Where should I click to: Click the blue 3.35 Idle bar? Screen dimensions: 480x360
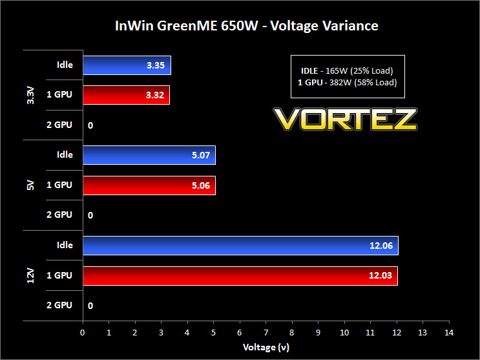point(127,65)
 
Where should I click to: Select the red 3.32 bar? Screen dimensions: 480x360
point(127,95)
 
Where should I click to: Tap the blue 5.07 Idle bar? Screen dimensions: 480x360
point(149,155)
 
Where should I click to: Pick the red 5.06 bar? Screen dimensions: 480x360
point(149,185)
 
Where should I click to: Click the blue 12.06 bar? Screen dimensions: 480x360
point(240,246)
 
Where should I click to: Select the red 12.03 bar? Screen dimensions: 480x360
point(240,276)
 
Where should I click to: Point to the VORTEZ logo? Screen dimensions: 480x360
point(345,119)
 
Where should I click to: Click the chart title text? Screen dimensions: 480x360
point(246,26)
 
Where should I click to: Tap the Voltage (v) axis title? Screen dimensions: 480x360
point(266,347)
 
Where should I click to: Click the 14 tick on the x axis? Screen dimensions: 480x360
point(449,333)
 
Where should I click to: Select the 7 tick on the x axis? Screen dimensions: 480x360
point(266,333)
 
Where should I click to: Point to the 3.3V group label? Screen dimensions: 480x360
point(30,95)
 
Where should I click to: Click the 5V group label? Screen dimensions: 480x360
point(30,185)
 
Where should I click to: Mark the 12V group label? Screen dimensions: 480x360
point(30,276)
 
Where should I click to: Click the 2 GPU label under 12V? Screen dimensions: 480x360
point(59,305)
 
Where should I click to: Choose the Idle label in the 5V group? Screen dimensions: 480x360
point(65,154)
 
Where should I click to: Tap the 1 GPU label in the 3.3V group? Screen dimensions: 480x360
point(59,94)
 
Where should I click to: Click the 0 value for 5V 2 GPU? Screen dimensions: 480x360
point(90,215)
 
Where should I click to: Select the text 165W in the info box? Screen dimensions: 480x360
point(337,71)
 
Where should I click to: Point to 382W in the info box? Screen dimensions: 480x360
point(340,83)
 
